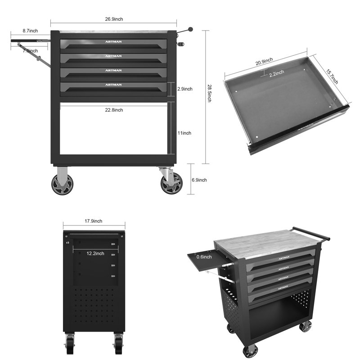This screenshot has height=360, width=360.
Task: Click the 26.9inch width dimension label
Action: point(114,19)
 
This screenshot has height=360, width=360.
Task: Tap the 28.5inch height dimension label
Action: point(209,93)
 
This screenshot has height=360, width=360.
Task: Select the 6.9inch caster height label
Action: point(199,180)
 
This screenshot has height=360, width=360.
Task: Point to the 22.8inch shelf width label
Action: point(114,110)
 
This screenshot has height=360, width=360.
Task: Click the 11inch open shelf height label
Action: point(184,133)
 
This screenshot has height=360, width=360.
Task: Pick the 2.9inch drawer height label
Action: point(185,89)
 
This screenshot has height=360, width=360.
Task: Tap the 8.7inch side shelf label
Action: point(30,31)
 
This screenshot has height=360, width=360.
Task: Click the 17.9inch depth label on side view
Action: point(94,221)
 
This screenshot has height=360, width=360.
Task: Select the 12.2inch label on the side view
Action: point(95,253)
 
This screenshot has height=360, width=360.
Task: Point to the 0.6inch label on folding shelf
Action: point(204,256)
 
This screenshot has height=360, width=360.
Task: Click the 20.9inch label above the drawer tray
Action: point(264,61)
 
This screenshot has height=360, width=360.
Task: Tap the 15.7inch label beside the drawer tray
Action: point(332,76)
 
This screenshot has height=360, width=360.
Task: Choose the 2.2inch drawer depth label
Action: point(277,73)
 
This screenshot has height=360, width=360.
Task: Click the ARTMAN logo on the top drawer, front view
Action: point(113,42)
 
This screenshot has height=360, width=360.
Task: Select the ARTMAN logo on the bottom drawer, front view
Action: point(113,85)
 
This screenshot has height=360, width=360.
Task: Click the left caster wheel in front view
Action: point(62,184)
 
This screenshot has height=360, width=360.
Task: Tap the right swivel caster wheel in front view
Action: point(171,184)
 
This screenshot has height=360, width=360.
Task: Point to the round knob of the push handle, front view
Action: point(190,29)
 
